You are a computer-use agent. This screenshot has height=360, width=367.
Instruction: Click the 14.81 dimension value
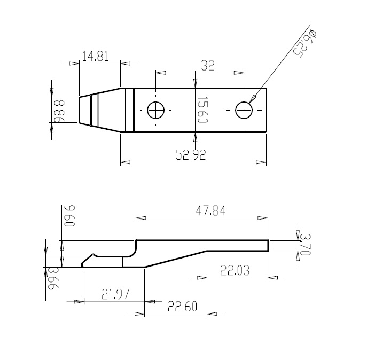click(x=95, y=57)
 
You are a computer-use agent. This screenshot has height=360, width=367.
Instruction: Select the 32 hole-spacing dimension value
click(x=208, y=66)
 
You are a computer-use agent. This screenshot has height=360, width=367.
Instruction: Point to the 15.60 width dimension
click(x=201, y=109)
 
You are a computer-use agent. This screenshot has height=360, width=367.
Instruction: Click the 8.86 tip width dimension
click(x=59, y=111)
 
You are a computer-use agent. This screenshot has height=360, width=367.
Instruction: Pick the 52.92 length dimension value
click(x=191, y=154)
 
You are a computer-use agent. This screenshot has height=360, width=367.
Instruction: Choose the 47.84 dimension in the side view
click(x=210, y=210)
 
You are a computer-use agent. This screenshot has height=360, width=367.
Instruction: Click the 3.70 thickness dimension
click(x=305, y=245)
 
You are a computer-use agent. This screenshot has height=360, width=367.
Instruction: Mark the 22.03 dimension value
click(x=235, y=270)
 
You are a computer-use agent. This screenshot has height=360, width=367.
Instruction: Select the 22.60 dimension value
click(x=182, y=307)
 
